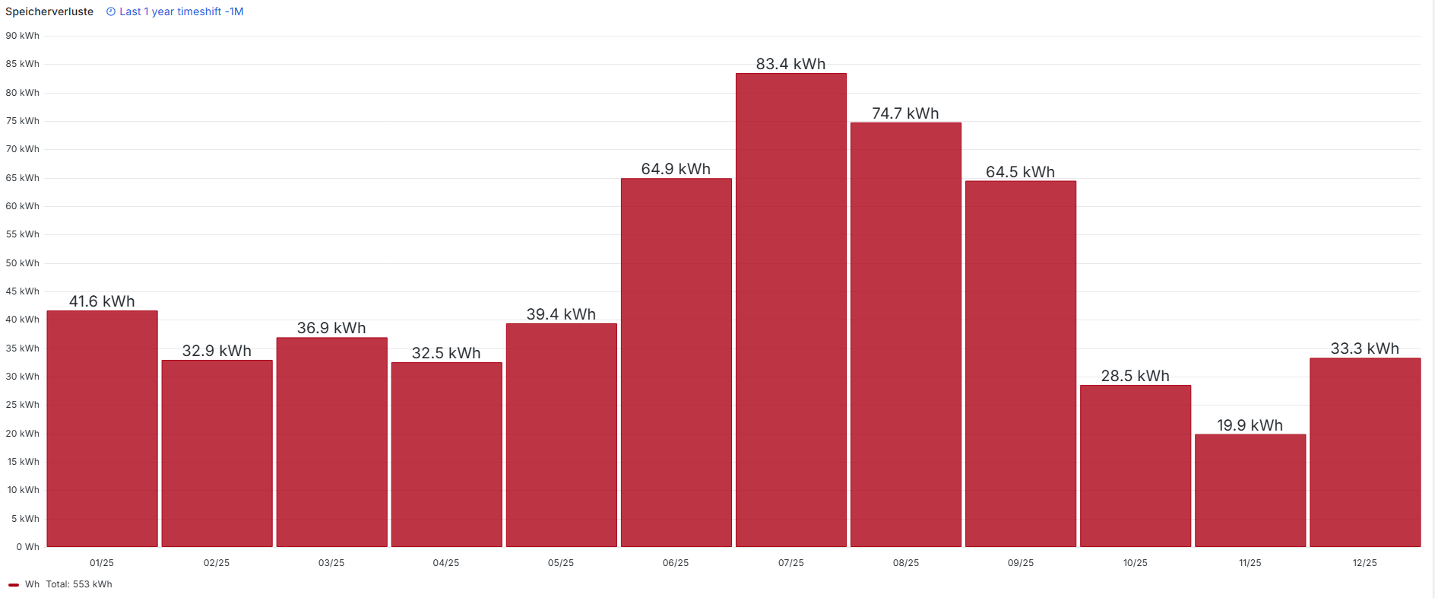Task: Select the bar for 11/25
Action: [x=1250, y=491]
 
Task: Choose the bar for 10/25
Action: [x=1136, y=466]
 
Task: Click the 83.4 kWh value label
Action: [x=790, y=64]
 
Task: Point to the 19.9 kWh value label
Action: [x=1250, y=425]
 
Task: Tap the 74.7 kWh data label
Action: [x=905, y=113]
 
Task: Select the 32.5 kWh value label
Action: [x=446, y=353]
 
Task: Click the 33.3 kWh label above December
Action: [x=1364, y=348]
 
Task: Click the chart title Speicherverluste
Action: [x=49, y=11]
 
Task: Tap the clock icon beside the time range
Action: [x=111, y=11]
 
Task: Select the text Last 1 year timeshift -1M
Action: [x=181, y=11]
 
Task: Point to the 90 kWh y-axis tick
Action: [x=22, y=36]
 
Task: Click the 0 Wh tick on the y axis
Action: [x=27, y=547]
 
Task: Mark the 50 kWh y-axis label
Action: [x=22, y=263]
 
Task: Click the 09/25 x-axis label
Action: [x=1020, y=563]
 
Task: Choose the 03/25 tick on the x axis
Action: [x=331, y=563]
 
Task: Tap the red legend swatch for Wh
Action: [x=14, y=585]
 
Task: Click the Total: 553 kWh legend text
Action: [x=79, y=584]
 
